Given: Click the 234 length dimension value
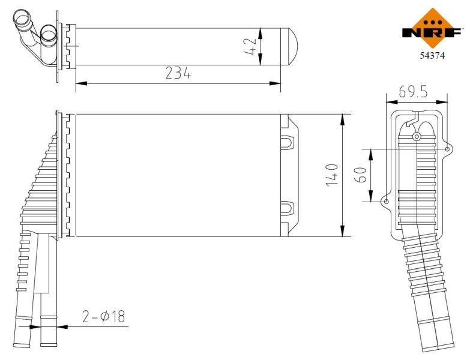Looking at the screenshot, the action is click(x=178, y=73).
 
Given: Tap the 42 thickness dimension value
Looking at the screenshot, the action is click(x=250, y=46).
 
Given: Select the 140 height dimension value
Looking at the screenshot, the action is click(x=332, y=175).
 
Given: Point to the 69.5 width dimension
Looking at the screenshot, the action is click(x=413, y=91).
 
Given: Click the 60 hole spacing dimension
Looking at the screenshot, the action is click(x=361, y=175).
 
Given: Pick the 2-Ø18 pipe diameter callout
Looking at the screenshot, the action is click(x=103, y=316).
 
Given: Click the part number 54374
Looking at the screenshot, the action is click(x=432, y=55).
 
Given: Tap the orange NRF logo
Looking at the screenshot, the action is click(x=432, y=29).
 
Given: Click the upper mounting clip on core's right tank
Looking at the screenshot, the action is click(x=288, y=143).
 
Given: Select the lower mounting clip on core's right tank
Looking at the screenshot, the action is click(x=288, y=208).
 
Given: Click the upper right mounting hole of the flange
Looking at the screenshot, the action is click(x=447, y=149).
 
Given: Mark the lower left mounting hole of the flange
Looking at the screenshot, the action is click(x=386, y=202).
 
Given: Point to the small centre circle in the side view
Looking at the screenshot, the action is click(x=417, y=137).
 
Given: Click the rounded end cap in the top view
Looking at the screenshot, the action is click(x=289, y=46).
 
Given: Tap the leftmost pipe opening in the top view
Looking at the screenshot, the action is click(x=22, y=18).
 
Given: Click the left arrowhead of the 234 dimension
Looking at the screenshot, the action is click(x=81, y=83).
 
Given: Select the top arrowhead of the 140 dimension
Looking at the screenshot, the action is click(x=342, y=119).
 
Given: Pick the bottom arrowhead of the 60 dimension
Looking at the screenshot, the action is click(x=371, y=196).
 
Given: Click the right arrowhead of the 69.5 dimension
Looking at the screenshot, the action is click(x=442, y=102).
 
